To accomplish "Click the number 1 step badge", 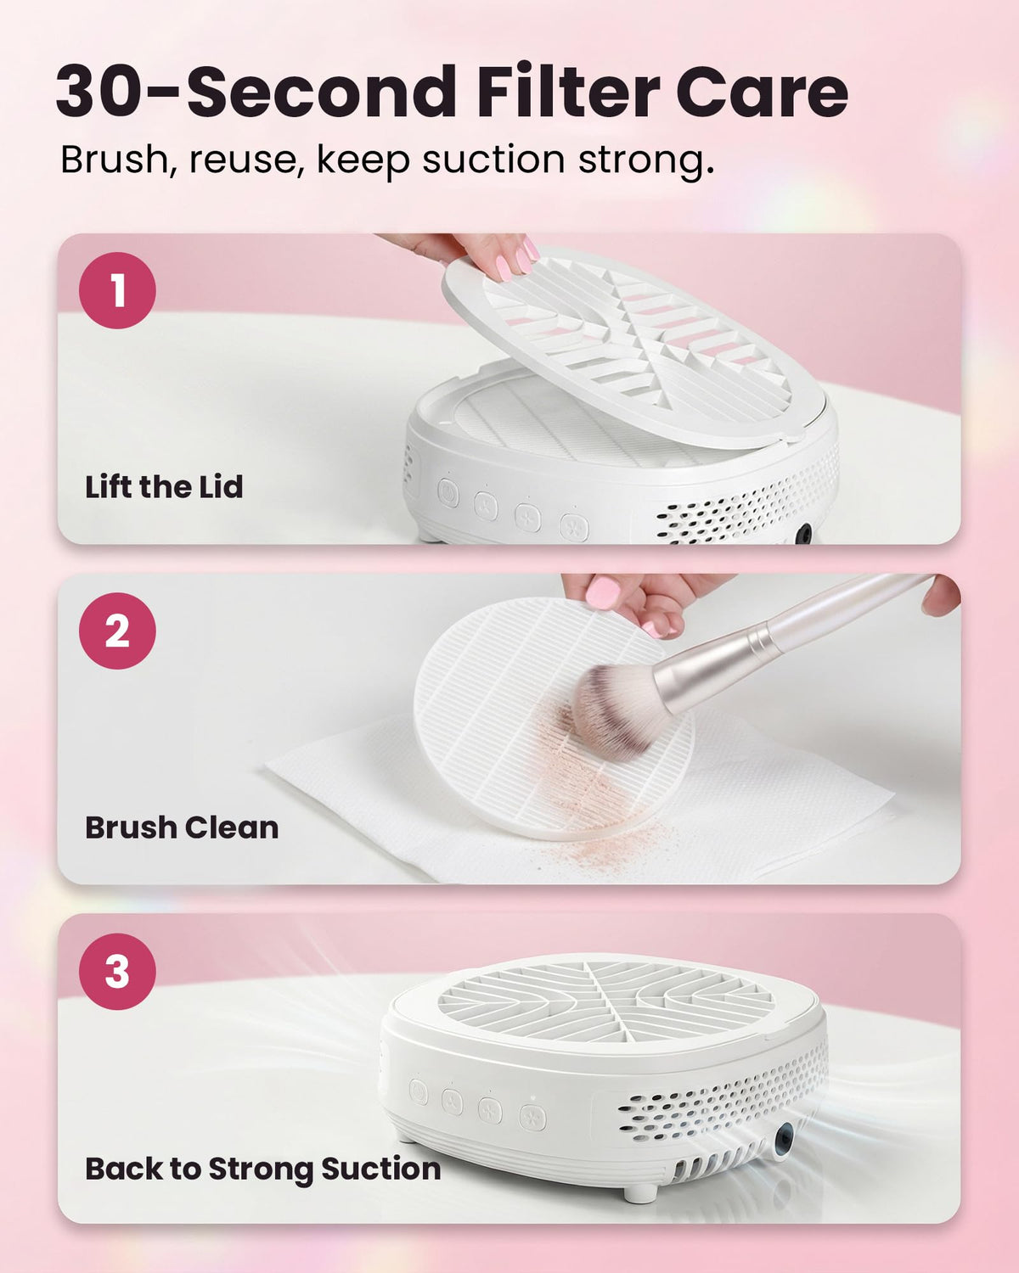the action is (x=117, y=290).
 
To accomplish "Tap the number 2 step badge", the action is (x=117, y=631).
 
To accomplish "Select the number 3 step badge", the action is (x=117, y=972).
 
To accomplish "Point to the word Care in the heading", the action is (x=762, y=93).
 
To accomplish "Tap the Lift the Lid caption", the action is (x=164, y=487).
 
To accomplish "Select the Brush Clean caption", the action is (x=182, y=827).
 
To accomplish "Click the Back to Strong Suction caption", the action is (x=263, y=1169).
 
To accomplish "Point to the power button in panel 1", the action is (x=448, y=493).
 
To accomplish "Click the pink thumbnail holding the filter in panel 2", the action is (x=604, y=592).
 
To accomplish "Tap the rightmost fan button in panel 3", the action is (x=533, y=1117).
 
